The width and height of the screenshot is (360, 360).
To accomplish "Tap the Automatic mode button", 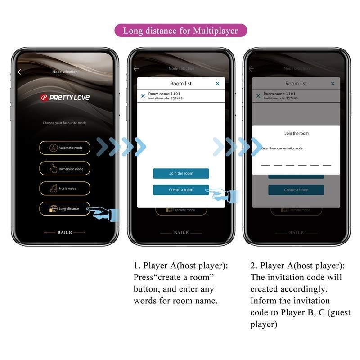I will (64, 148).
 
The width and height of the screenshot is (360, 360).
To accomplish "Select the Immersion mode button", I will (64, 169).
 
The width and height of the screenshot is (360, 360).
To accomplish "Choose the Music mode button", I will (64, 189).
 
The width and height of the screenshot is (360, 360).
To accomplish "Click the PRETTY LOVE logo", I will (65, 98).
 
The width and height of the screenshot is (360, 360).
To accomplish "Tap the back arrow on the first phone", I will (20, 72).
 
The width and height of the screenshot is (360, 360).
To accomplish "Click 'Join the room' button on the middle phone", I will (181, 173).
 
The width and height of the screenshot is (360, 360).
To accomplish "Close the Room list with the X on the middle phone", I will (218, 84).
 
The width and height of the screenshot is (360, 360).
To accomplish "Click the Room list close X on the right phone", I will (333, 84).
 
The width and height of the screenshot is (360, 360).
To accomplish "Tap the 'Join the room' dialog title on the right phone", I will (297, 133).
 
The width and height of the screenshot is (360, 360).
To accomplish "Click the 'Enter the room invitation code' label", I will (283, 148).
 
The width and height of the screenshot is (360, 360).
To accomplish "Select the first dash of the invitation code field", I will (265, 165).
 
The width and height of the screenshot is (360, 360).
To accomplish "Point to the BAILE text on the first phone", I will (64, 233).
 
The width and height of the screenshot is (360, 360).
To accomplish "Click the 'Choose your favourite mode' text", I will (64, 123).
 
